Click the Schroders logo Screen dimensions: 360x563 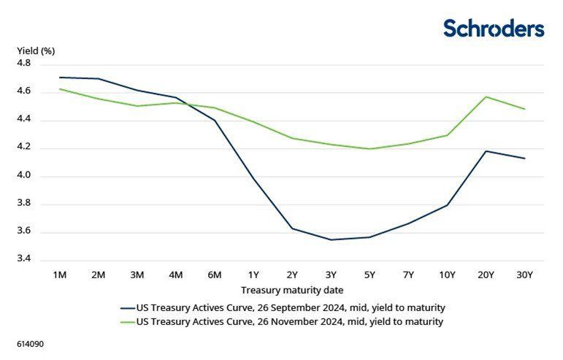point(494,28)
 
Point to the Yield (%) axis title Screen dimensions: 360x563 point(36,51)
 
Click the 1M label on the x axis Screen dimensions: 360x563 point(60,275)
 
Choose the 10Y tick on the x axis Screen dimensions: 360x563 point(446,275)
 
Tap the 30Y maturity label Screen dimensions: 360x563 point(525,275)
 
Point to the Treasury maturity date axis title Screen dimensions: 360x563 point(292,290)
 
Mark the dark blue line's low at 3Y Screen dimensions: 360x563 point(332,240)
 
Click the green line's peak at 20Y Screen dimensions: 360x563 point(486,96)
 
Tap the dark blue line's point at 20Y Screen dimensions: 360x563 point(486,151)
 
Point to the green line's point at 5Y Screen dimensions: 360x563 point(370,149)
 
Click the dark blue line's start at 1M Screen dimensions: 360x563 point(60,77)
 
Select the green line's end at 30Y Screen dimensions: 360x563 point(525,109)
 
